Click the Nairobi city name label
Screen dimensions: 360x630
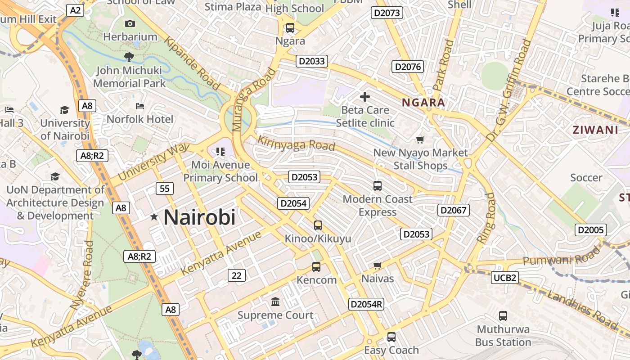(x=199, y=217)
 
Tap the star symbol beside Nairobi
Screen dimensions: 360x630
(x=154, y=217)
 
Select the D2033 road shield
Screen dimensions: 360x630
(x=311, y=61)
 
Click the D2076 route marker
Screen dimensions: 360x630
(x=408, y=67)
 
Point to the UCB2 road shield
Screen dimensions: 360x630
(x=504, y=278)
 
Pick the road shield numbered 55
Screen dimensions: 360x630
(x=165, y=188)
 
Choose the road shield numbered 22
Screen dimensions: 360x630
(x=237, y=275)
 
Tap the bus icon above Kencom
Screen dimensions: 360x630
(x=316, y=267)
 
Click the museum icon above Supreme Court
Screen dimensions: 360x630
(x=275, y=301)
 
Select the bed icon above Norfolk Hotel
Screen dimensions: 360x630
(x=140, y=106)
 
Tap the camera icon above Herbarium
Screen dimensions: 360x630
(x=130, y=23)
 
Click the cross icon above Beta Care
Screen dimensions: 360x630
(x=365, y=96)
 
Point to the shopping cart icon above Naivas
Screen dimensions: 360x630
(x=378, y=265)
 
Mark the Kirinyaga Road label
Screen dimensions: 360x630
(x=296, y=144)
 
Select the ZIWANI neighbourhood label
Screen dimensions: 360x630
(x=595, y=130)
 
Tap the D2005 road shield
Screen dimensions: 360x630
(x=590, y=230)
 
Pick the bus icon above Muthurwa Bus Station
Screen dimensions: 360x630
(x=503, y=316)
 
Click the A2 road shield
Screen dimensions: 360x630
(x=75, y=10)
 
